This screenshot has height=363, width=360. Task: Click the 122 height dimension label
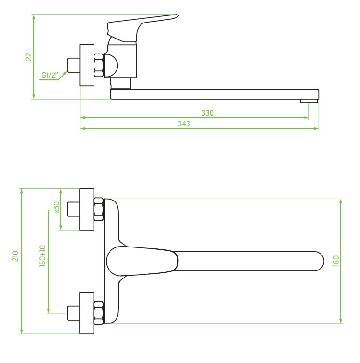click(x=28, y=58)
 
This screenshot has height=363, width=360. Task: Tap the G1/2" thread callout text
click(x=50, y=76)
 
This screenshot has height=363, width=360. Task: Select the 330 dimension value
click(x=207, y=113)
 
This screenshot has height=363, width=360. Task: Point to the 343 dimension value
click(x=184, y=124)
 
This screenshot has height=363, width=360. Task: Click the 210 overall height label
click(x=16, y=256)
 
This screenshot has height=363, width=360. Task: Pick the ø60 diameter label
click(x=56, y=208)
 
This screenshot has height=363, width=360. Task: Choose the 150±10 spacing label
click(x=43, y=256)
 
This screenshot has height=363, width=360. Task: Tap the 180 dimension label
click(x=336, y=261)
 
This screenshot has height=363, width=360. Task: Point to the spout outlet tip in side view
click(x=309, y=101)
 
